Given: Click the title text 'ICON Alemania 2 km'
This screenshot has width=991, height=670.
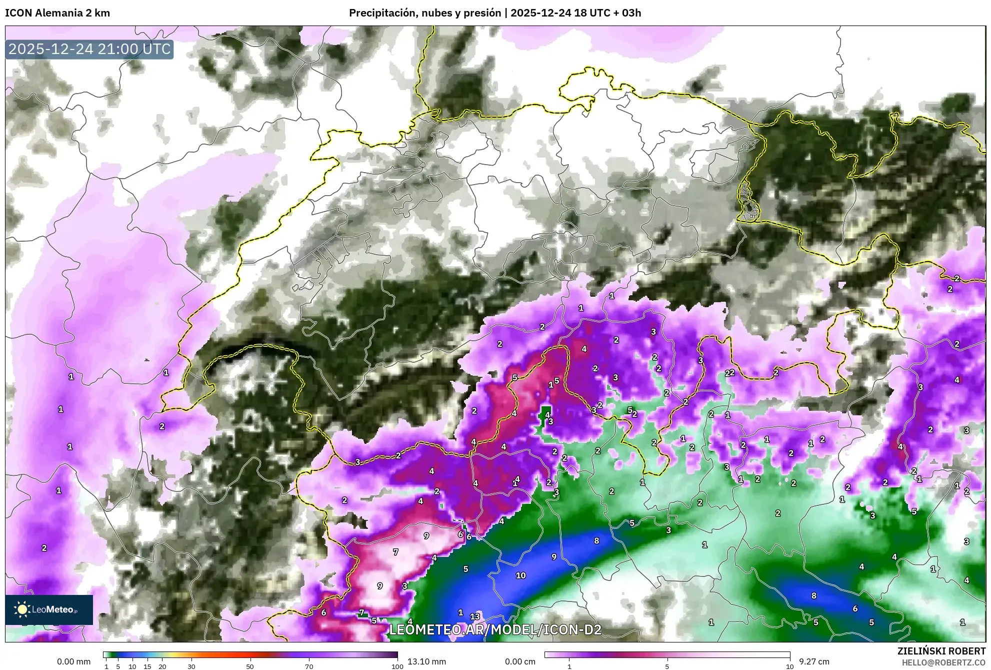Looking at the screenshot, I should pos(57,13).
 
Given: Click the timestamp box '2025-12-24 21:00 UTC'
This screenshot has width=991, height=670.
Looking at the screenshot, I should pos(89,49).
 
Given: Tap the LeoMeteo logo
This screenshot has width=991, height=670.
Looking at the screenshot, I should pos(49,609).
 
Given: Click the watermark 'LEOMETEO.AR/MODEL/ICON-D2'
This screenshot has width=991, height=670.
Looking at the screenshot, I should pos(495,629).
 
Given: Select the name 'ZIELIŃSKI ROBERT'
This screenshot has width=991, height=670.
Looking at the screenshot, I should pos(941,651).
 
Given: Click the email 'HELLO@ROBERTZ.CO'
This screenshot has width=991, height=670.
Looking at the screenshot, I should pos(943,662).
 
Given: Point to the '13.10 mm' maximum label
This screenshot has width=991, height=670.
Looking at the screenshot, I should pos(426,661).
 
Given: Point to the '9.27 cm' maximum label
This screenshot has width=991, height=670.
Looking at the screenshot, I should pos(814,661).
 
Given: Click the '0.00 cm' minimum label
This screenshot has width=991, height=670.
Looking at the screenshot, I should pos(520,661).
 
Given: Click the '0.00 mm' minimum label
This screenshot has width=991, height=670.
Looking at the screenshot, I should pos(73,661).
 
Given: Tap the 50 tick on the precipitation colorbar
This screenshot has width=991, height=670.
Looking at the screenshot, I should pos(250,666).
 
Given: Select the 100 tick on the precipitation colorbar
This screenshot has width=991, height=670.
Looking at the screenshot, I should pos(397,666).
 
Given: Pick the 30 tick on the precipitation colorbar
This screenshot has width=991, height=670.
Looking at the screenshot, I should pos(191,666).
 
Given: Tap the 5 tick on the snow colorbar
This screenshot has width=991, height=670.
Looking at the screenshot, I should pos(667,666).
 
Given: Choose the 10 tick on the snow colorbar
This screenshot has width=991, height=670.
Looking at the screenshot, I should pos(789,666).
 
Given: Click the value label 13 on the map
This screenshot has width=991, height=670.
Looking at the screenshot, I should pos(475,616).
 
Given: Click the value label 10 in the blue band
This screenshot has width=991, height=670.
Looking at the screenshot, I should pos(520,575).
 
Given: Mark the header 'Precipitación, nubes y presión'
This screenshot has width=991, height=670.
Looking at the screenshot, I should pos(424,13).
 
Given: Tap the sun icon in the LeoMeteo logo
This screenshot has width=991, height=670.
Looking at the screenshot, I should pos(22,609).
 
